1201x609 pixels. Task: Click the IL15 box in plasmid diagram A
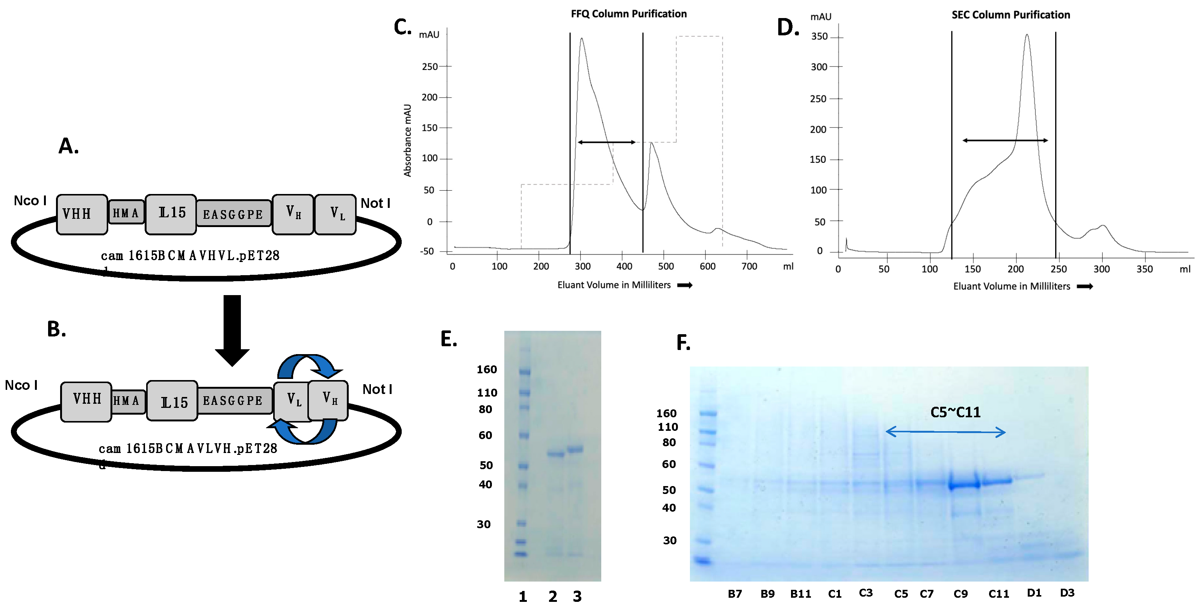[171, 214]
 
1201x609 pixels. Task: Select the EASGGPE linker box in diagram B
[233, 401]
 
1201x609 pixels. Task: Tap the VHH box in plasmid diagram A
[82, 214]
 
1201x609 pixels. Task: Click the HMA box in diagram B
[126, 401]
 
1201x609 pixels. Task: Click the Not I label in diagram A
[375, 203]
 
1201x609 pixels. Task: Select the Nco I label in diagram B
[21, 385]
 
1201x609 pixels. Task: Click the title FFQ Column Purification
[628, 14]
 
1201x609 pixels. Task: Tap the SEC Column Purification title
[1010, 15]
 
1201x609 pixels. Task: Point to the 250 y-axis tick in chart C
[430, 67]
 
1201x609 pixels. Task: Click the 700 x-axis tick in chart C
[749, 266]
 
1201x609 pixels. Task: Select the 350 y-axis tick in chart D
[819, 36]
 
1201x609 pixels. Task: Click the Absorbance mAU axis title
[407, 140]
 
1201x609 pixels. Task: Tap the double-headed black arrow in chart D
[1005, 140]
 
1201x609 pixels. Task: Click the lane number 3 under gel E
[577, 597]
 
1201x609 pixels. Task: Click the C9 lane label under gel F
[960, 594]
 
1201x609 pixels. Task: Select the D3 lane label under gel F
[1067, 593]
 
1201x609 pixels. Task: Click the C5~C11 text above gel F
[955, 412]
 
